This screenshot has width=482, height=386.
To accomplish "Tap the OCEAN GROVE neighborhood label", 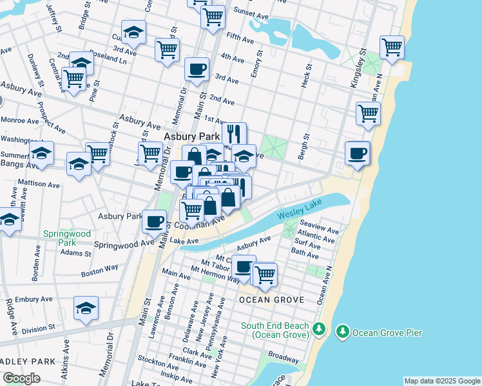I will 262,300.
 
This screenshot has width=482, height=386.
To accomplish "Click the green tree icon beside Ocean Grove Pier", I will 342,332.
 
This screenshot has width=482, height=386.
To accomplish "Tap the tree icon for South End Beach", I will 318,330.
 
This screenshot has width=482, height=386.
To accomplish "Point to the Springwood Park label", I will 59,238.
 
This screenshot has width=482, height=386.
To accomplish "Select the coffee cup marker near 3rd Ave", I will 197,69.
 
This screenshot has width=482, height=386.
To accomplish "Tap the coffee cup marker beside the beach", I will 357,153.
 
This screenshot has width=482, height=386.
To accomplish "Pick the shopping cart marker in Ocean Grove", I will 264,273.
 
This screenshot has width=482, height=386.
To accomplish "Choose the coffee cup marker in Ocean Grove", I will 244,266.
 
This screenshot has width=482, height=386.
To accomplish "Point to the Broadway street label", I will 283,355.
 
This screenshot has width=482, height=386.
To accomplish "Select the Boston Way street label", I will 99,273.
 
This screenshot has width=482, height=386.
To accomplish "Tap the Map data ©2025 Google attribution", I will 442,381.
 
